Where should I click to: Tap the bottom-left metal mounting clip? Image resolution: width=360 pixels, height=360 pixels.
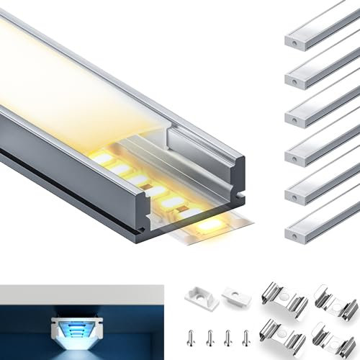pyautogui.click(x=284, y=333)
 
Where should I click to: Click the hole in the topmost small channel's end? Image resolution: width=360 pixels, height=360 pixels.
pyautogui.click(x=295, y=43)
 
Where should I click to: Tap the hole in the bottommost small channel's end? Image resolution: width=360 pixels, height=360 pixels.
pyautogui.click(x=295, y=235)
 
